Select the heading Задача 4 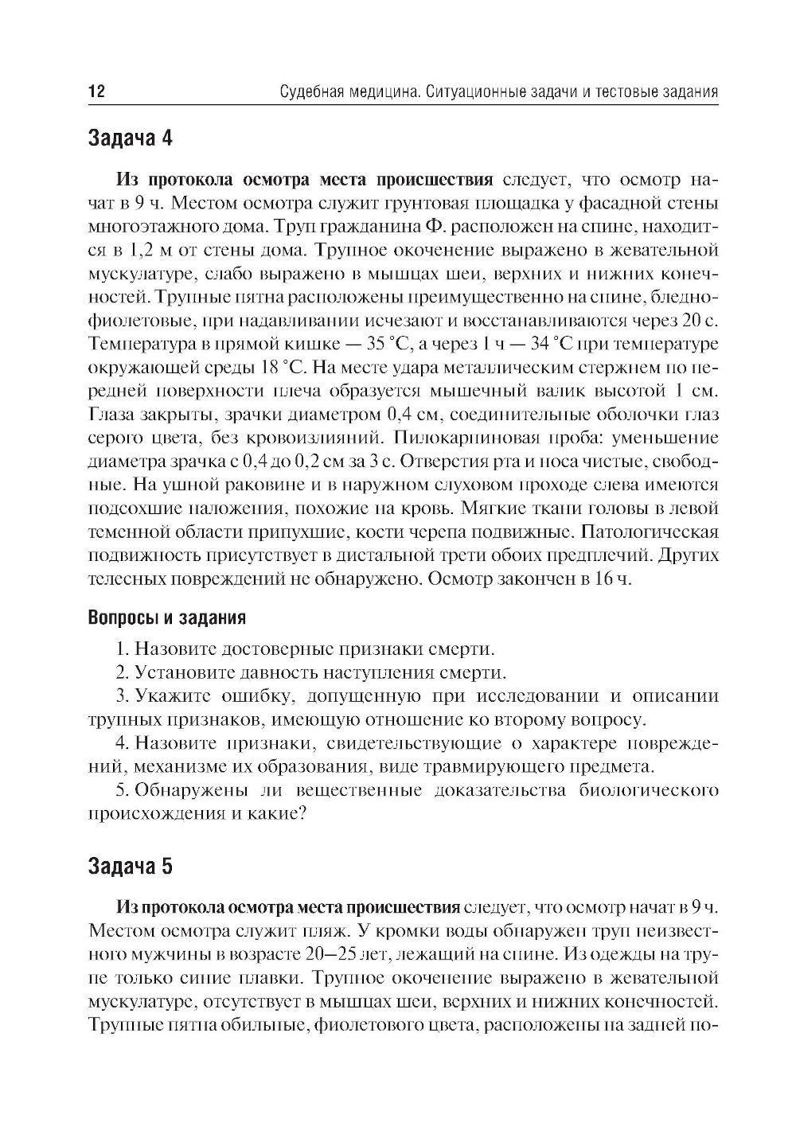coord(129,138)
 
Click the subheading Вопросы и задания coord(166,618)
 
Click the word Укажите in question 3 coord(173,696)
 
